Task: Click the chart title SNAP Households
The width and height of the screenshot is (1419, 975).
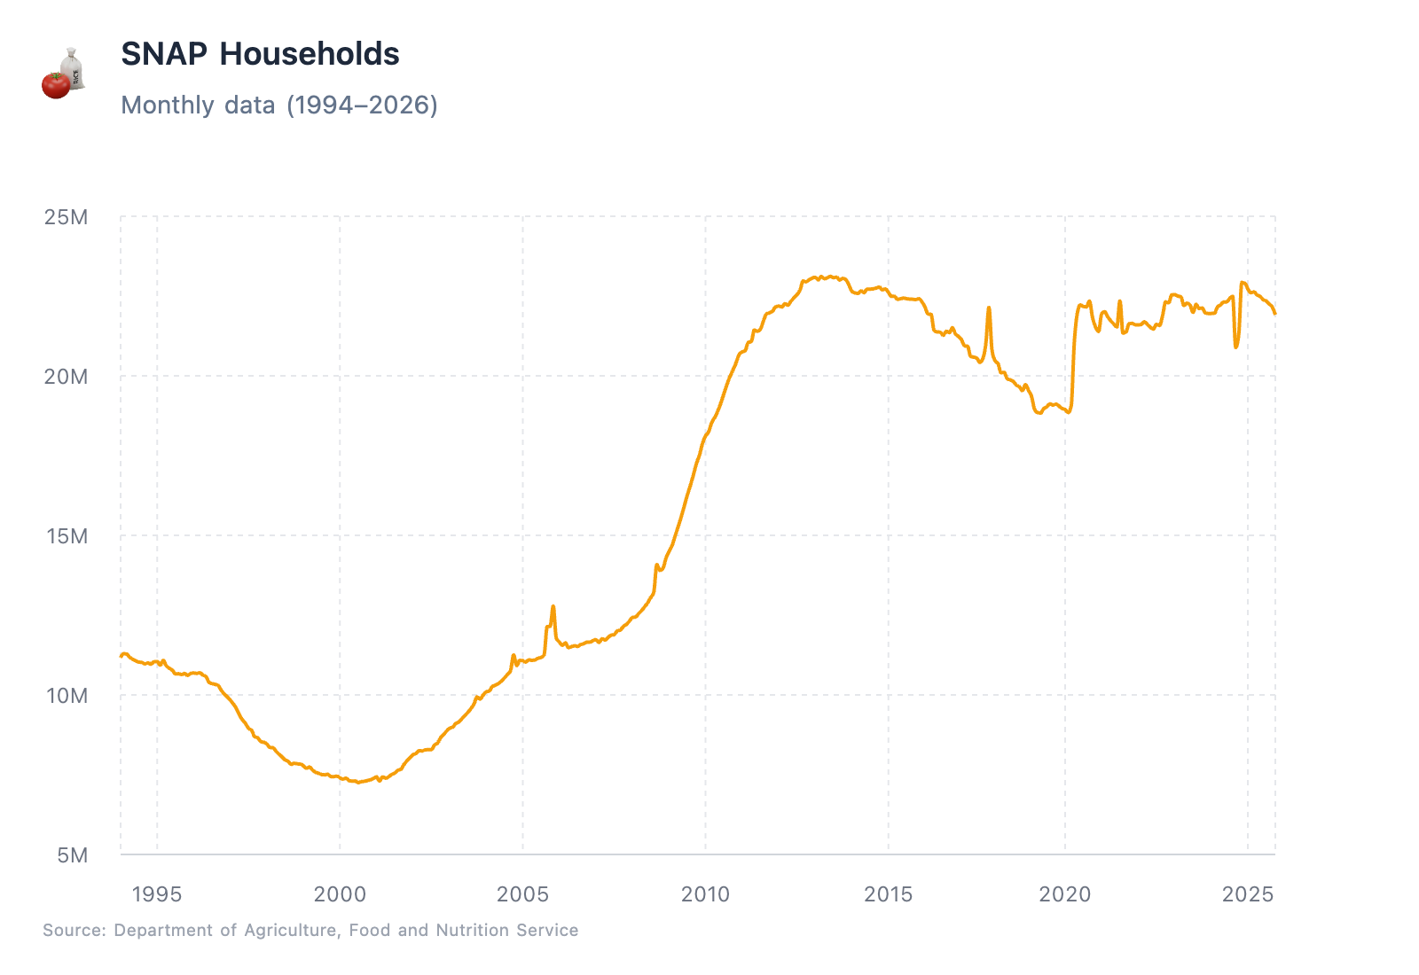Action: click(260, 54)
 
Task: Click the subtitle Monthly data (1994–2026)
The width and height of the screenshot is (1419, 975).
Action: click(278, 105)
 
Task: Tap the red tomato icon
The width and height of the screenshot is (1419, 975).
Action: click(56, 85)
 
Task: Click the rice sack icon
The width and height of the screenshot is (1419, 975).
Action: click(73, 67)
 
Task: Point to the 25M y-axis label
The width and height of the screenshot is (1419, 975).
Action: click(67, 217)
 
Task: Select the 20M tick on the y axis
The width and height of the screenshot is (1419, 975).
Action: click(67, 377)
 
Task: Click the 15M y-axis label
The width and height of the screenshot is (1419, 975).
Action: click(67, 536)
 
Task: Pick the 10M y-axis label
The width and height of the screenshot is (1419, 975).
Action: click(67, 696)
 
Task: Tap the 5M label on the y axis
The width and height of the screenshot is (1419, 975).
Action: click(72, 855)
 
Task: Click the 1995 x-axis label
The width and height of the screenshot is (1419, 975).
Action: click(157, 894)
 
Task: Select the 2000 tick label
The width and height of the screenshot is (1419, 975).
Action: click(340, 894)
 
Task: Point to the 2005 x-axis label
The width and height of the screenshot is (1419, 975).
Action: click(522, 894)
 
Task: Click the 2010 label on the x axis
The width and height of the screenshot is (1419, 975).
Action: click(705, 894)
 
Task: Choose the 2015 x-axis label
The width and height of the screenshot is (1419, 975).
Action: click(888, 894)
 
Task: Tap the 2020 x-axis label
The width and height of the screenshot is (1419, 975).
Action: click(1065, 894)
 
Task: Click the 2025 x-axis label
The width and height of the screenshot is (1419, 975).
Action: click(1248, 894)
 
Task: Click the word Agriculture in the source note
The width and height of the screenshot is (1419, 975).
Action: click(290, 930)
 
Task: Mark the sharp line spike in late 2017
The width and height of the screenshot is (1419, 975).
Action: click(988, 309)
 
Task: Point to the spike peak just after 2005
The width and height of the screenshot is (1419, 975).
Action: click(553, 607)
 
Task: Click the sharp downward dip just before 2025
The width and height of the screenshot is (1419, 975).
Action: click(1235, 345)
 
